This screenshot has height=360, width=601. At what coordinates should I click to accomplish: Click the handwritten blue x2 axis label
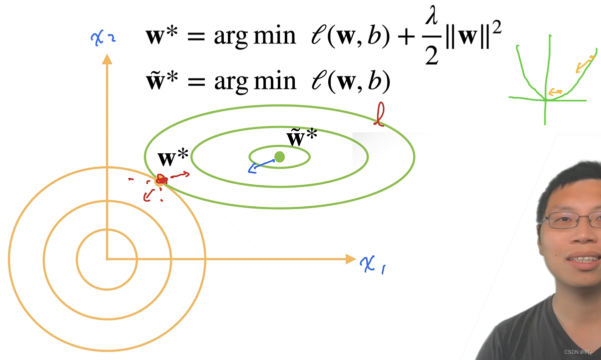[104, 37]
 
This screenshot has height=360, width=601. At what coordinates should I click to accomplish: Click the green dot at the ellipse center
[280, 157]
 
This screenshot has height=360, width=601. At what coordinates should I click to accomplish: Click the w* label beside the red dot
[173, 159]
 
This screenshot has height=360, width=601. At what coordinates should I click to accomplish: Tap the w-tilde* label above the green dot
[301, 138]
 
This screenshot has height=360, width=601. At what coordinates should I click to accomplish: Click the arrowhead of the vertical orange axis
[106, 59]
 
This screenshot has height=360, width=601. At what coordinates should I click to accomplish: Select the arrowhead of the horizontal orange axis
[350, 259]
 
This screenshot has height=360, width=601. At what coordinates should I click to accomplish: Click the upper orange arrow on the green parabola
[584, 64]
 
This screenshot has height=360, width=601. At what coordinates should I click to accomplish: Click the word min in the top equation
[275, 36]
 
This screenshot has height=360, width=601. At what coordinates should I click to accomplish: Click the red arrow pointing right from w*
[180, 175]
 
